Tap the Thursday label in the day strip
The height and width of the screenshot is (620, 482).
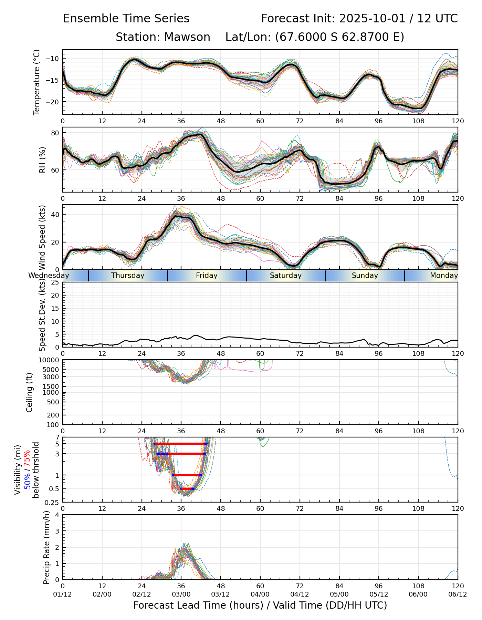[128, 276]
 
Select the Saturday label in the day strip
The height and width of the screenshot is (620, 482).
[286, 276]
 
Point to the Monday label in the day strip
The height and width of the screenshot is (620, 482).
[444, 276]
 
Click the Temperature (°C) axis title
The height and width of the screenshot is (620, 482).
[37, 82]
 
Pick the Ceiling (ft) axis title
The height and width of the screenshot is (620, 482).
[30, 392]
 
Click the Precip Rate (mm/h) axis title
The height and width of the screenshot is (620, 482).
[47, 547]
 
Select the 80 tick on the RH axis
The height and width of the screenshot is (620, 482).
[55, 133]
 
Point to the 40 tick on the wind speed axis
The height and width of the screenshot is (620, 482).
[55, 215]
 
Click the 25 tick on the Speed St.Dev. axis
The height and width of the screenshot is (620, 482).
[55, 282]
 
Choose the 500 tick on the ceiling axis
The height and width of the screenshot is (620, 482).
[53, 402]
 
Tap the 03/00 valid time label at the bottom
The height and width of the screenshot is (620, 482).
[181, 595]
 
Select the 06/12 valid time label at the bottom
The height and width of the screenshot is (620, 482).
[458, 595]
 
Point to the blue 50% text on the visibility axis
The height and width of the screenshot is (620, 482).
[27, 481]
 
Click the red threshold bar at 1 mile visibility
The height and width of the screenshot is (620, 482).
[187, 475]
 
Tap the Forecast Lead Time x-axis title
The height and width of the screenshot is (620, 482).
[260, 606]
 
